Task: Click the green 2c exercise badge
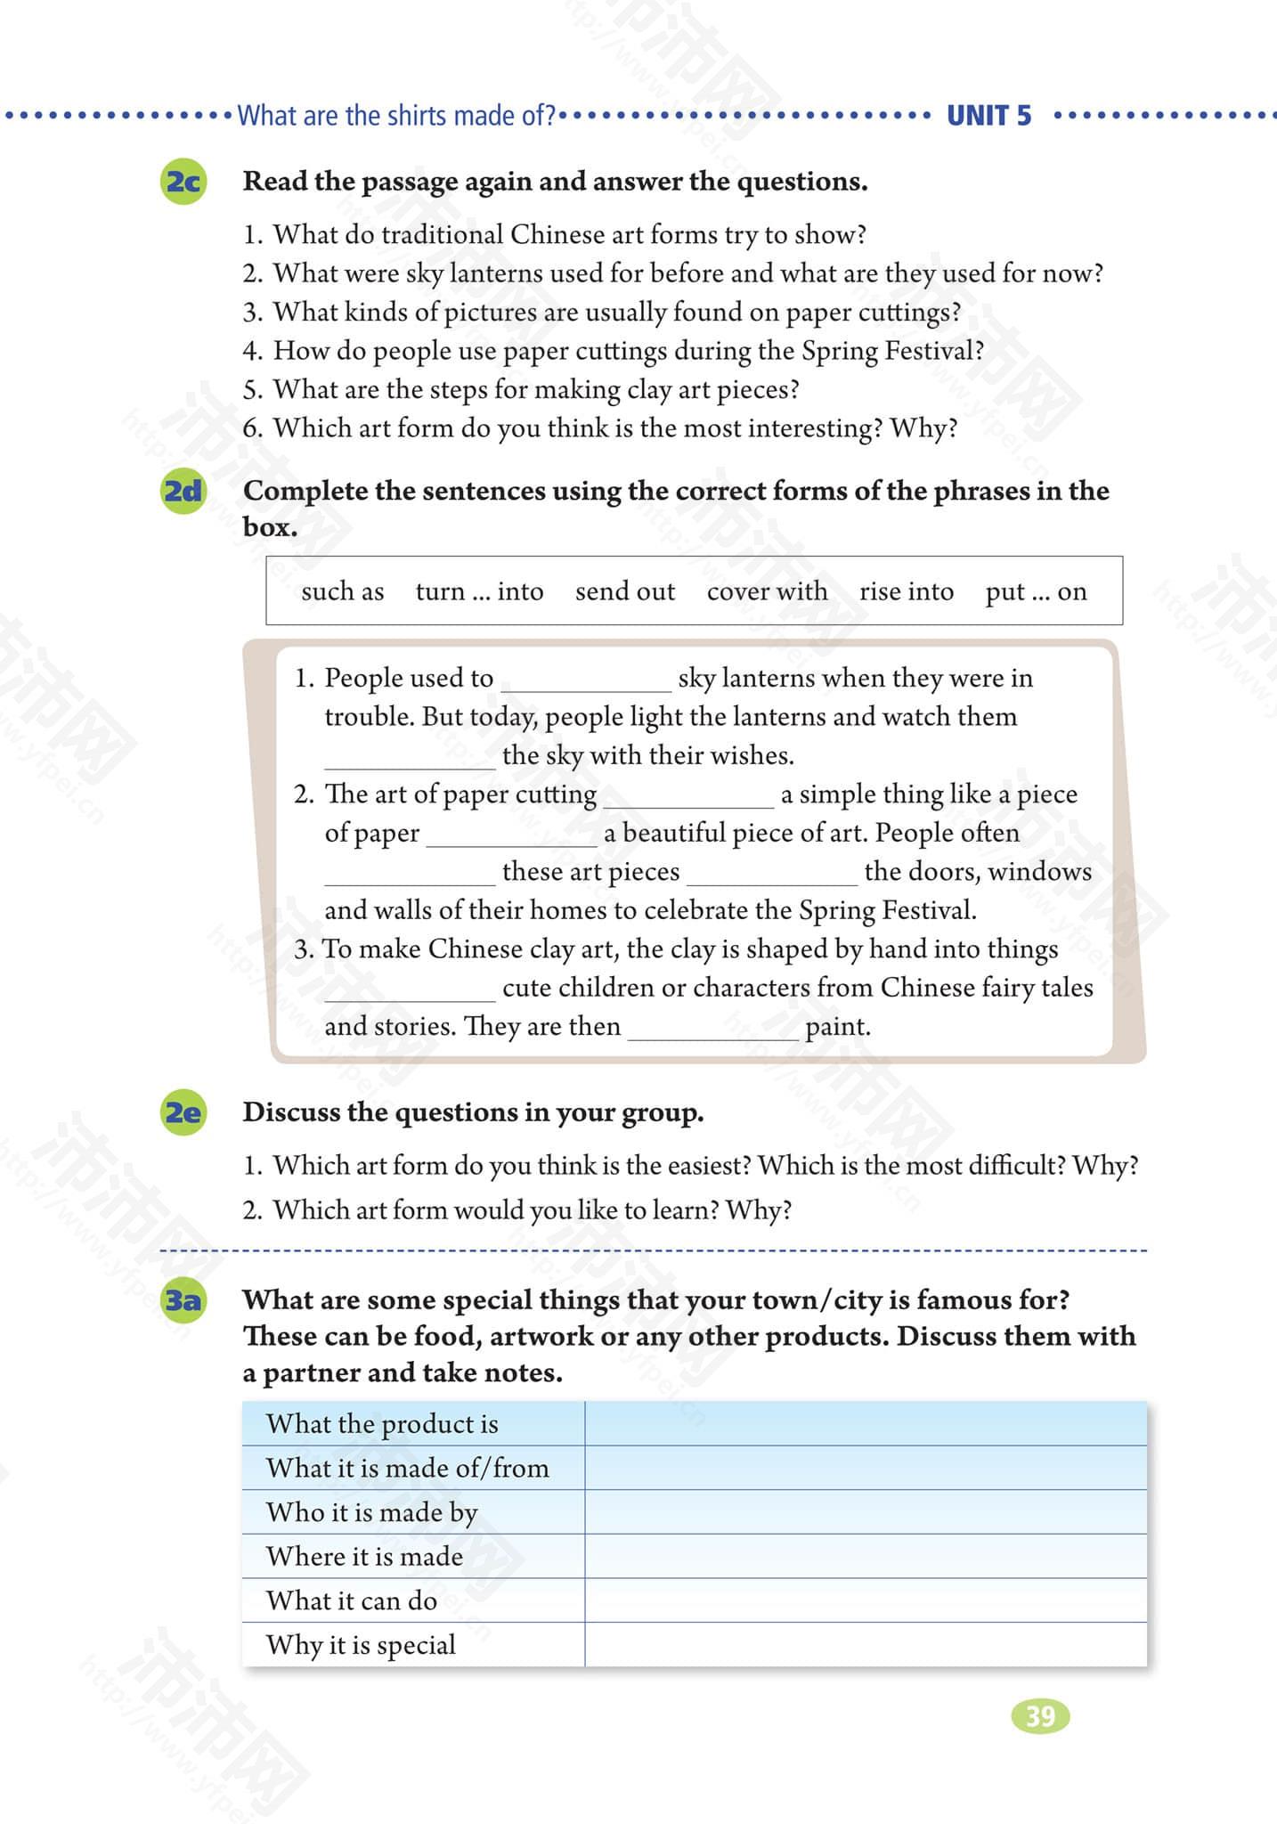click(x=183, y=182)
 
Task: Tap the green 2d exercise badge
click(x=183, y=491)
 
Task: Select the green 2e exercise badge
click(x=183, y=1112)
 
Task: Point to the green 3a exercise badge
click(x=183, y=1300)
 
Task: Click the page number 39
click(x=1040, y=1715)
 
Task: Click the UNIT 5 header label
click(x=988, y=116)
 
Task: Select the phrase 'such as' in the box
click(x=342, y=591)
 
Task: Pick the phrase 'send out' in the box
click(x=624, y=591)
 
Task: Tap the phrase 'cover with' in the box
click(x=767, y=591)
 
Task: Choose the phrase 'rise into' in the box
click(x=906, y=591)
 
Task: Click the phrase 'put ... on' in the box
click(x=1036, y=591)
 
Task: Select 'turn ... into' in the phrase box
click(x=479, y=591)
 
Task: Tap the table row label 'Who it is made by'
click(x=371, y=1512)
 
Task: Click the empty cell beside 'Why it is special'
click(x=865, y=1644)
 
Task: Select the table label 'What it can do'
click(x=351, y=1600)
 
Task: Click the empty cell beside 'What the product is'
click(x=865, y=1423)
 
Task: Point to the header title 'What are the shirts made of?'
click(x=396, y=116)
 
